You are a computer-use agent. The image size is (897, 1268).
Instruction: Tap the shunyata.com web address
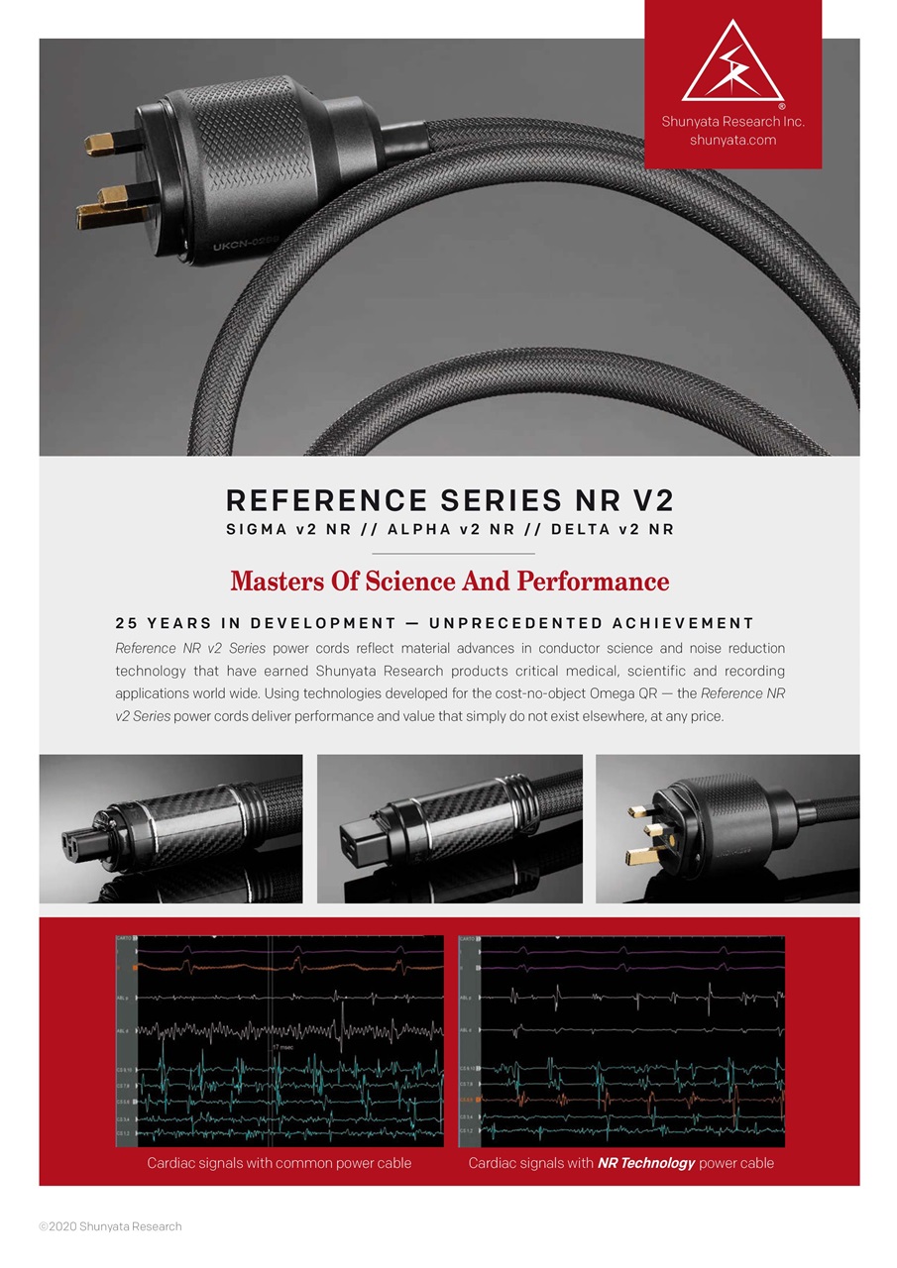732,140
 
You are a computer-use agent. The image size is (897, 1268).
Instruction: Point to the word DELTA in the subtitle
580,529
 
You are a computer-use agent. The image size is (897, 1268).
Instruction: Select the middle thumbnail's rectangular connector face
371,828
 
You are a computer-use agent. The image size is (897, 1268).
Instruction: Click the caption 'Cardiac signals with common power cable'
279,1162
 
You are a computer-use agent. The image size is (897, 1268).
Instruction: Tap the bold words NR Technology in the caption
645,1162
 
